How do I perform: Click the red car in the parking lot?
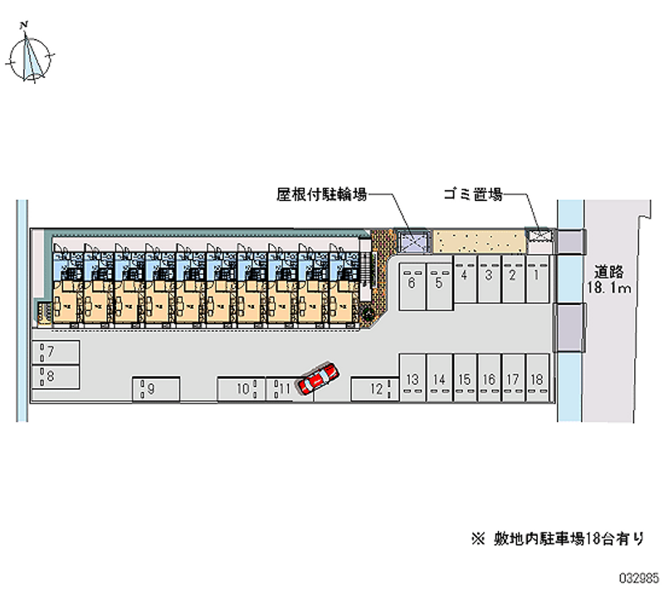point(318,379)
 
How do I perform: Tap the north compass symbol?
point(31,56)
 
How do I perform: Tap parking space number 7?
point(56,351)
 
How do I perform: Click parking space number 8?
point(56,376)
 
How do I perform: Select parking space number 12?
point(372,388)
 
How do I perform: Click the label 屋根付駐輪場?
point(323,195)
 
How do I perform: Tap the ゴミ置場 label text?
point(471,195)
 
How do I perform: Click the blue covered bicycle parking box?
point(413,242)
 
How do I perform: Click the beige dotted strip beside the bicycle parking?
point(480,242)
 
